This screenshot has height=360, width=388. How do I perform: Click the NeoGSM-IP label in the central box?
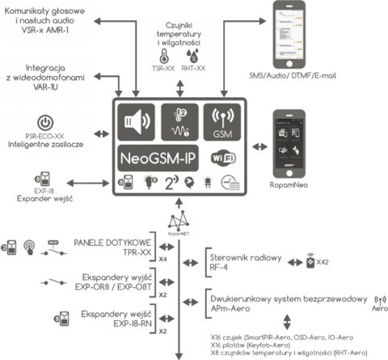click(159, 156)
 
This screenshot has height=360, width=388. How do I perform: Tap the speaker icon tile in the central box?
click(134, 121)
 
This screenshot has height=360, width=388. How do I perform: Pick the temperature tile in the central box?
click(179, 121)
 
